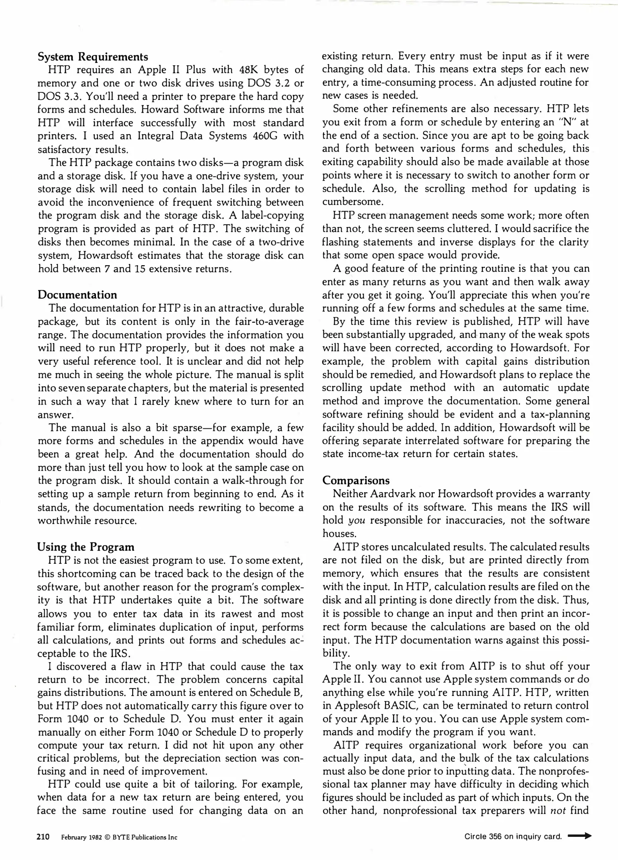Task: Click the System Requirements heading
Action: (x=93, y=57)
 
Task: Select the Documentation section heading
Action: (x=77, y=295)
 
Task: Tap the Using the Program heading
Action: (x=86, y=547)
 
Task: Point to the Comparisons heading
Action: (x=356, y=480)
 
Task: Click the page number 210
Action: (x=43, y=837)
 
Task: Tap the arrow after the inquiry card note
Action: (x=579, y=836)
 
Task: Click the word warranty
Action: (x=568, y=494)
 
